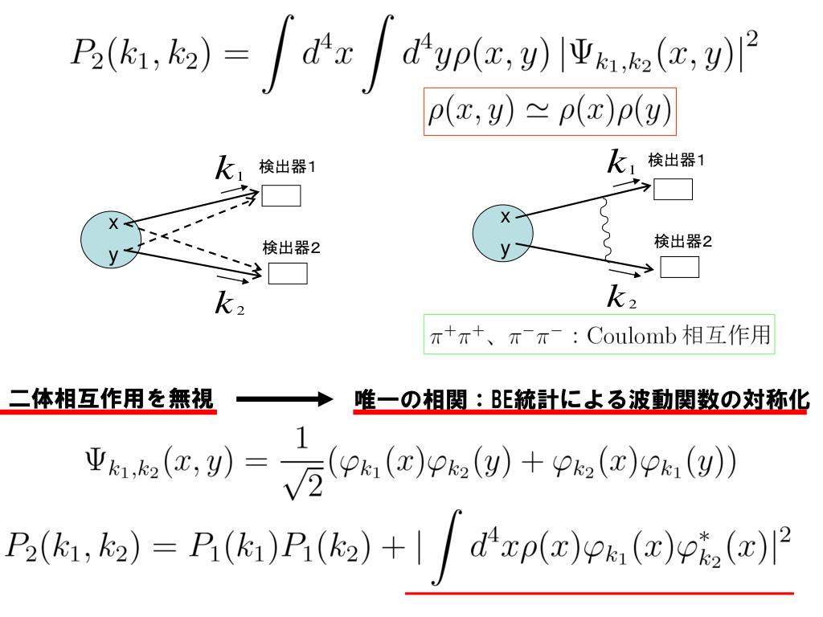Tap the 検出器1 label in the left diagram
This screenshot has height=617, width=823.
287,167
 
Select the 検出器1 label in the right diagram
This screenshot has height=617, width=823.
678,161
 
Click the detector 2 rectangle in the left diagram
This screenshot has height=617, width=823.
286,274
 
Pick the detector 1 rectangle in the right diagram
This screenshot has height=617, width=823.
672,188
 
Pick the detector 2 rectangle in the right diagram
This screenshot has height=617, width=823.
679,267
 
